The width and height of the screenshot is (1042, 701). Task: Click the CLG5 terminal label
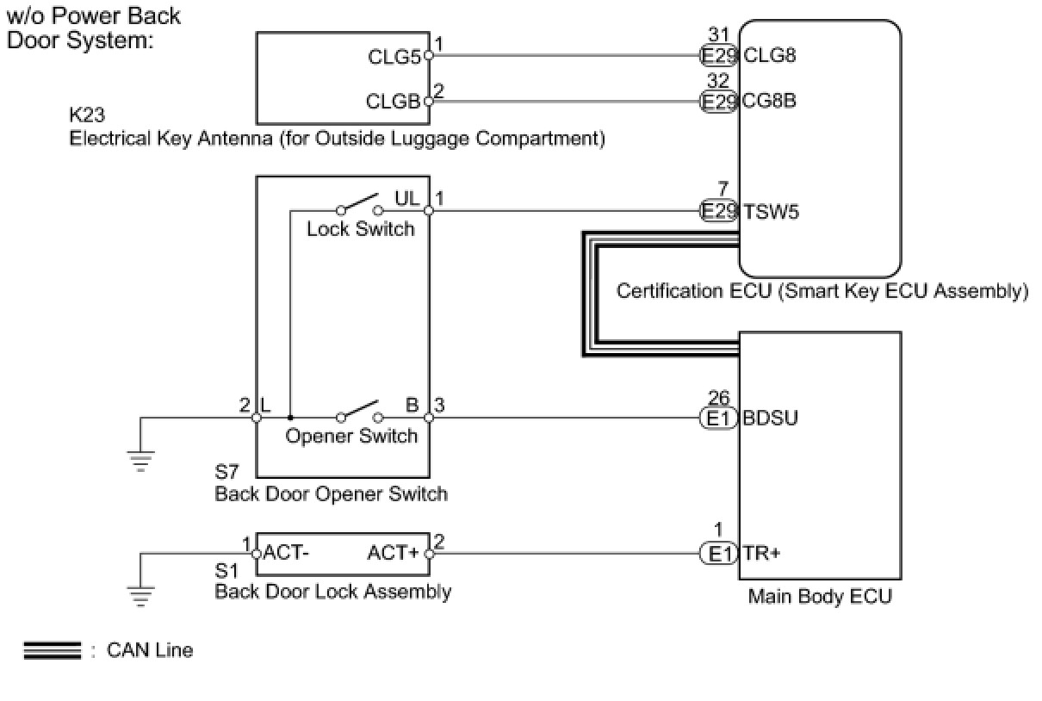[394, 57]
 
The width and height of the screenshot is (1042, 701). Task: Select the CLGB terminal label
[394, 102]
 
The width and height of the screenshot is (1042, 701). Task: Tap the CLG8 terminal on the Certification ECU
[769, 56]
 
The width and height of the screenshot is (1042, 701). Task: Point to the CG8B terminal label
[769, 101]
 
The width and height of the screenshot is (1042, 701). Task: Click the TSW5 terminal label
[771, 211]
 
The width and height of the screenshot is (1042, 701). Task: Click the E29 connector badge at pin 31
[718, 56]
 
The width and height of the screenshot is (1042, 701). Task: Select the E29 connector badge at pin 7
[718, 211]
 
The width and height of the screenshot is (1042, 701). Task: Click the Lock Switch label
[360, 229]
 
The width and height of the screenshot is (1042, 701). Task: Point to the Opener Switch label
[351, 436]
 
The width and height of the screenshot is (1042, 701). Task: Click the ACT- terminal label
[287, 553]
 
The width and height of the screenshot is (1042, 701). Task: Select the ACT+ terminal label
[394, 553]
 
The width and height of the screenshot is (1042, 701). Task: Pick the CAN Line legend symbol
[53, 651]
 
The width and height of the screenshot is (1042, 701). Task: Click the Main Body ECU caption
[819, 596]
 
